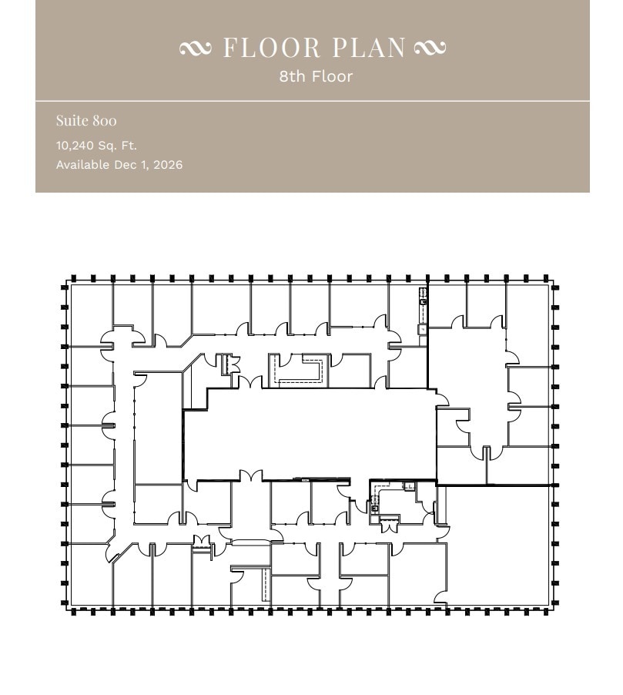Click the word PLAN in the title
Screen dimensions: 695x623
(369, 48)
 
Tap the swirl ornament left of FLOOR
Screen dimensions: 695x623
(194, 49)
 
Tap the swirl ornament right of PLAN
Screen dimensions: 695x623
(429, 49)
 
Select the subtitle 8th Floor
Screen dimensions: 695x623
(316, 76)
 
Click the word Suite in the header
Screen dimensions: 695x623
(71, 121)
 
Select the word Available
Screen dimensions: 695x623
(82, 165)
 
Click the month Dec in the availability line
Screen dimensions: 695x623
(126, 165)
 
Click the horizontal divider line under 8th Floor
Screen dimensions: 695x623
(312, 101)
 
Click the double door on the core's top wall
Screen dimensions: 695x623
(250, 382)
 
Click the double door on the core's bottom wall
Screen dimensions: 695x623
(250, 475)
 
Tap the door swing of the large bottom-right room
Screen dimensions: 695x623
(440, 597)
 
